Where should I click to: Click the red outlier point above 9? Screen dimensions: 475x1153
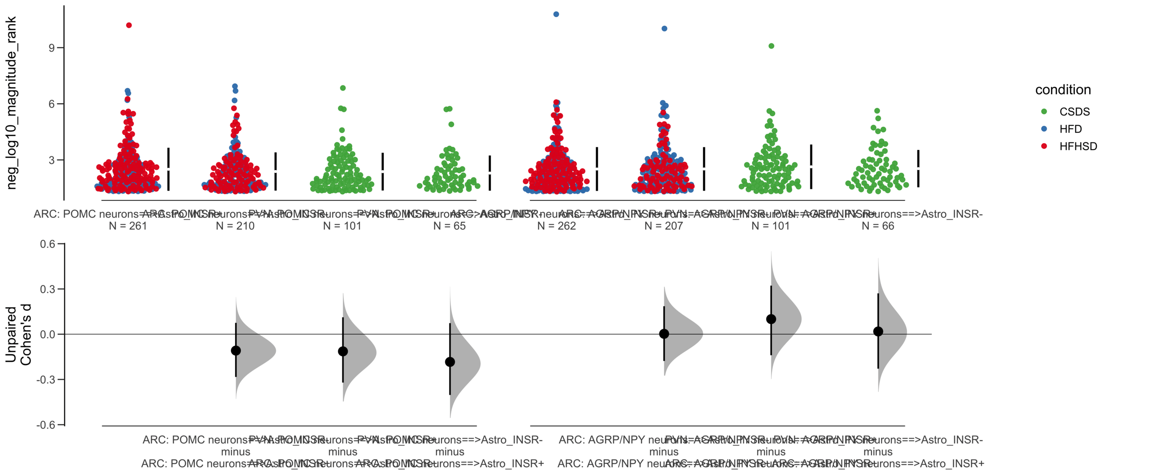129,25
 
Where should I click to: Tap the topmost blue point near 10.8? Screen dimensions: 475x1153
556,14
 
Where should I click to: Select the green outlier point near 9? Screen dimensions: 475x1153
771,46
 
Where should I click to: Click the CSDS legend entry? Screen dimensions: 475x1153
1074,112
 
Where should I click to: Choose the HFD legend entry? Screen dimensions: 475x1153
1070,129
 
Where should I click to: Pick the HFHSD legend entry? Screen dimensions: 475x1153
1078,146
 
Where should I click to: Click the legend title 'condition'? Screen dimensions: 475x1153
1063,90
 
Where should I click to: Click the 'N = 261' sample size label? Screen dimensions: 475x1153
128,226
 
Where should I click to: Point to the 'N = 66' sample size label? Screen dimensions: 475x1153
878,226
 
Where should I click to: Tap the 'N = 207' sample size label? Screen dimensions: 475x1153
663,226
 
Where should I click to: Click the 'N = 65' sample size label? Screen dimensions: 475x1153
449,226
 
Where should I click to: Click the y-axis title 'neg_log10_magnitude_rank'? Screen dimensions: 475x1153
12,103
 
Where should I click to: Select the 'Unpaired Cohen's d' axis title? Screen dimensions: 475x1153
18,334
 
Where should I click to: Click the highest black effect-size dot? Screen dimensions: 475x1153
771,319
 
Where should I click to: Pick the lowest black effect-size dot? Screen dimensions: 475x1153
450,362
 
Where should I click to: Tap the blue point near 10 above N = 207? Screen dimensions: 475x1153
664,29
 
